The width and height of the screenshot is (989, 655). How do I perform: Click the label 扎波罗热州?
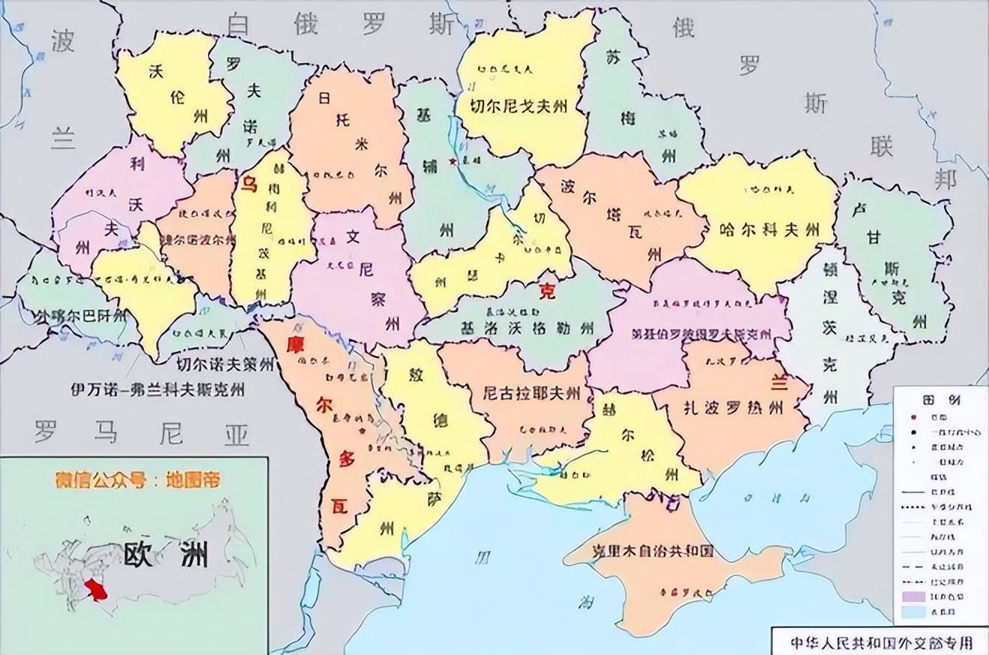[734, 408]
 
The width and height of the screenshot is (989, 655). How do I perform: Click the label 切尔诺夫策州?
[226, 365]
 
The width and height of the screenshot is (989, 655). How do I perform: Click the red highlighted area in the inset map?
[96, 590]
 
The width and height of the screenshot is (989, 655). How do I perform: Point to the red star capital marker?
[453, 161]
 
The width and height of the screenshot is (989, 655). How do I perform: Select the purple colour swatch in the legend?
[916, 597]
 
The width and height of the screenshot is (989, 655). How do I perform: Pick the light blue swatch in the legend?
[916, 612]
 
